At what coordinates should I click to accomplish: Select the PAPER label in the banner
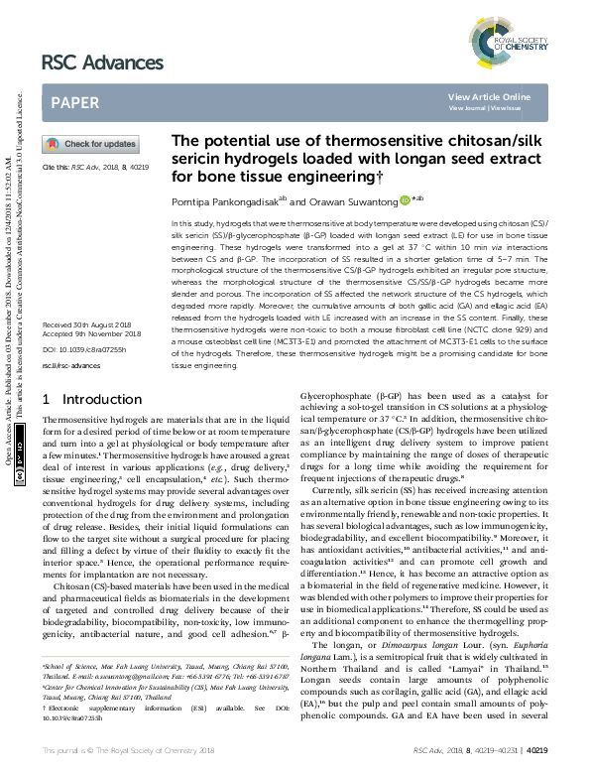point(74,102)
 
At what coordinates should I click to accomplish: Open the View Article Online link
point(489,96)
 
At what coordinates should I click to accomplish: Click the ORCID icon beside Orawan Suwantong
point(405,200)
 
